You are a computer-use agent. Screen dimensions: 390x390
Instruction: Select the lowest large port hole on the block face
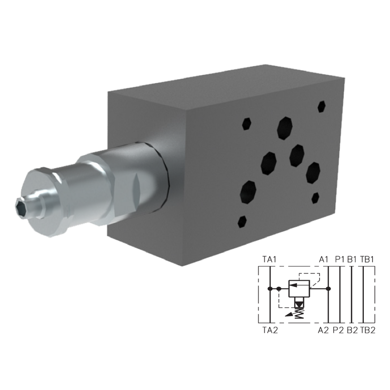pyautogui.click(x=249, y=191)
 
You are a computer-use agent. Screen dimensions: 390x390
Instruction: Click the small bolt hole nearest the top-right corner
pyautogui.click(x=321, y=106)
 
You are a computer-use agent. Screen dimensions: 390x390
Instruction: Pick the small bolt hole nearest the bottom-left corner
pyautogui.click(x=242, y=223)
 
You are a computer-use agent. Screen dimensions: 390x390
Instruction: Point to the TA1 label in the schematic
pyautogui.click(x=269, y=259)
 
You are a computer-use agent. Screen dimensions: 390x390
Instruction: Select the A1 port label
pyautogui.click(x=324, y=259)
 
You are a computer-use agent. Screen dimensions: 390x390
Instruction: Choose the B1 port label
pyautogui.click(x=352, y=259)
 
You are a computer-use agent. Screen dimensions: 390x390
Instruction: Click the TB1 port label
pyautogui.click(x=367, y=259)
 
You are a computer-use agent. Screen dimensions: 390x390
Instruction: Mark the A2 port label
pyautogui.click(x=323, y=330)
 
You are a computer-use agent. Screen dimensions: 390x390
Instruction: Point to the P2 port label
pyautogui.click(x=339, y=330)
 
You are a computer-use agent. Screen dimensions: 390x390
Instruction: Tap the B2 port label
pyautogui.click(x=352, y=330)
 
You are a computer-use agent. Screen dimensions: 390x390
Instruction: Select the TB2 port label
pyautogui.click(x=368, y=330)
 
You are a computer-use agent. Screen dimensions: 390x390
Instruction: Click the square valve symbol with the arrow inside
pyautogui.click(x=300, y=289)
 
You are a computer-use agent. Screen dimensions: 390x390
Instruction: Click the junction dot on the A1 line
pyautogui.click(x=328, y=289)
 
